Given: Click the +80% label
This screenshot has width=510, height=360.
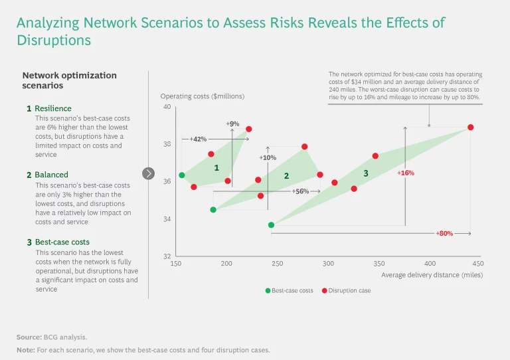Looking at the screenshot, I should coord(444,234).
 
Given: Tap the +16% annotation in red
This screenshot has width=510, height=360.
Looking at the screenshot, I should coord(406,173).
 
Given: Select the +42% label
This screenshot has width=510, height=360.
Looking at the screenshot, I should coord(198,139).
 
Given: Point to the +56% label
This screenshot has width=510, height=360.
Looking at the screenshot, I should coord(301,191).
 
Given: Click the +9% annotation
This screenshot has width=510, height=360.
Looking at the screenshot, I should coord(232,124).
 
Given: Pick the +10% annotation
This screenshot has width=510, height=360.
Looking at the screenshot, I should coord(268,158).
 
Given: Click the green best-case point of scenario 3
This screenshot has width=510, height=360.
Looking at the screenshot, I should coord(271,225).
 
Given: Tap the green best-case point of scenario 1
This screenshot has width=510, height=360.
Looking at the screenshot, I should coord(182,175).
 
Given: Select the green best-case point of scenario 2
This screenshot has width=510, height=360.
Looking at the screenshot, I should coord(213,210).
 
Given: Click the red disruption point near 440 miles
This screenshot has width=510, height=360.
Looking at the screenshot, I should coord(470,128).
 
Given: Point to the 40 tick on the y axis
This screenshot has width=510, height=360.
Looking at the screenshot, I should coord(167,107).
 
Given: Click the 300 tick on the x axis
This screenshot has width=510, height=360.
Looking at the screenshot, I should coord(329,264).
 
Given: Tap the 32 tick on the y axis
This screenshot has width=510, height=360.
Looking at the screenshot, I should coord(167,256).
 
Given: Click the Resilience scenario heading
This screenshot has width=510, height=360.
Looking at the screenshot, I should coord(52,108).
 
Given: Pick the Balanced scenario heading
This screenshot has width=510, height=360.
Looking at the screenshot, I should coord(51,175).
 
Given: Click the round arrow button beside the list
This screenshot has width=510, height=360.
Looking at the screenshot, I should coord(148,174).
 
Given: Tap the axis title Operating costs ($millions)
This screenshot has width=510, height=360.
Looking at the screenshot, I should coord(198,96).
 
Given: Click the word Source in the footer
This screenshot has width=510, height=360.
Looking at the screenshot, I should coord(29,337).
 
